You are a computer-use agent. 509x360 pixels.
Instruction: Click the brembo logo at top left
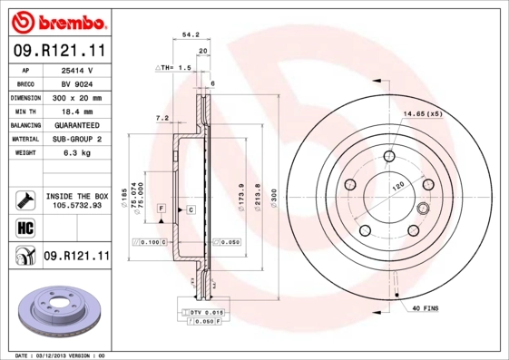[x=59, y=20]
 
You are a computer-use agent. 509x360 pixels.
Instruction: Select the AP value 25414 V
[x=76, y=70]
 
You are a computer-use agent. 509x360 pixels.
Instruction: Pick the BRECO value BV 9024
[x=76, y=83]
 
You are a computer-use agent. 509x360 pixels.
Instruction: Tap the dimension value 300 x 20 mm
[x=76, y=97]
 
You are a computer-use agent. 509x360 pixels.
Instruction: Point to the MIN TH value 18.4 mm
[x=76, y=111]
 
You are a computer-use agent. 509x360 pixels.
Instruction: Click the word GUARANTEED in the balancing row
[x=76, y=125]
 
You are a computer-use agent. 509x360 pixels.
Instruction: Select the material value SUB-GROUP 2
[x=76, y=139]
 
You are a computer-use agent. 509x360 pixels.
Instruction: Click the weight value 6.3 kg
[x=76, y=153]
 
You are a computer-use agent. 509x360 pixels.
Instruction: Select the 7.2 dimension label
[x=162, y=118]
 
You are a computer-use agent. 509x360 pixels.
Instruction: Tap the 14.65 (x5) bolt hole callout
[x=422, y=113]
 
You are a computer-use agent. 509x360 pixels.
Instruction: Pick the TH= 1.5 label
[x=177, y=68]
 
